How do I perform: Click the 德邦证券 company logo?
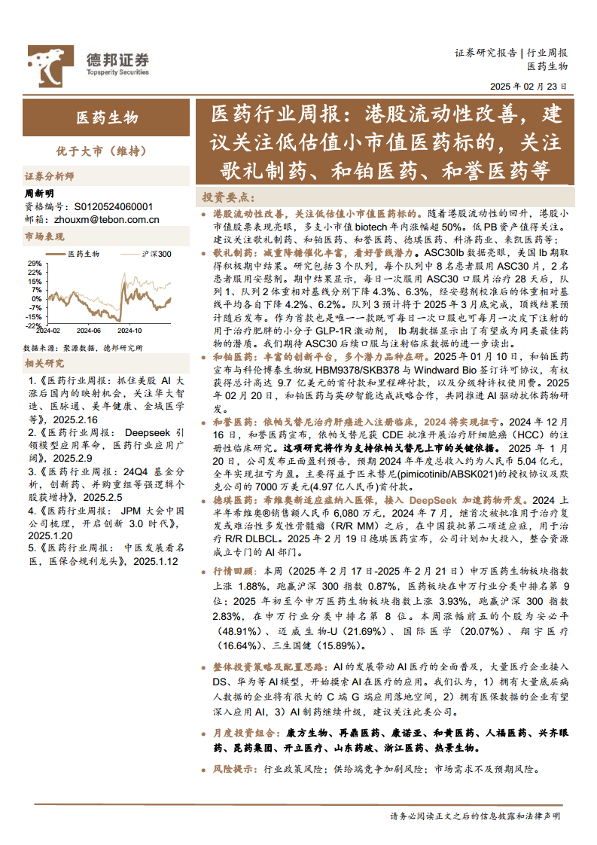pyautogui.click(x=89, y=60)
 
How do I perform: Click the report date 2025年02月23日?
pyautogui.click(x=529, y=87)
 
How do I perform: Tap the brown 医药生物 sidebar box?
pyautogui.click(x=107, y=117)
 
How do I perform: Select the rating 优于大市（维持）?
pyautogui.click(x=107, y=151)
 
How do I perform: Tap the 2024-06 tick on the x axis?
pyautogui.click(x=89, y=330)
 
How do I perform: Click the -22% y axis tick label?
pyautogui.click(x=33, y=325)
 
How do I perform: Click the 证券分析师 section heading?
pyautogui.click(x=50, y=177)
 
